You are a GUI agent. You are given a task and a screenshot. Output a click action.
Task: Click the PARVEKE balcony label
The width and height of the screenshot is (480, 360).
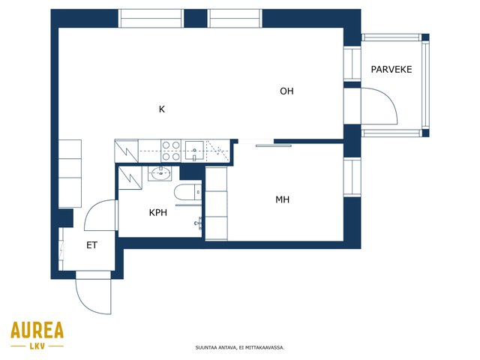click(391, 70)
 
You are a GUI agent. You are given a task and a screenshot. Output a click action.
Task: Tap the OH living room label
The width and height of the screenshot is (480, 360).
click(286, 91)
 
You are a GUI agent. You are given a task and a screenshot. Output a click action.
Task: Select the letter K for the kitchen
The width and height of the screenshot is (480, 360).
click(162, 109)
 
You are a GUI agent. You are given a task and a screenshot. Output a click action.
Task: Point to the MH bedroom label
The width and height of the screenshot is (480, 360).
click(282, 199)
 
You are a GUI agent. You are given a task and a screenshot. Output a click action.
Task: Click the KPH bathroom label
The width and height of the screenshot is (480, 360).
click(158, 212)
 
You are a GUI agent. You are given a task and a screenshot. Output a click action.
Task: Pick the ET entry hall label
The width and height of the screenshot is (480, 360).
click(91, 245)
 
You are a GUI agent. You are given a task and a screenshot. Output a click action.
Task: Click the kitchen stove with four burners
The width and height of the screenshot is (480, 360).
click(171, 151)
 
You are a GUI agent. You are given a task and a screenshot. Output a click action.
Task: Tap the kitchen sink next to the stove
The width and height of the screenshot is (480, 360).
click(195, 151)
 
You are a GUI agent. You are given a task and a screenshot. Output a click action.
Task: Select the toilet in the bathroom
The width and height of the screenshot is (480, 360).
click(188, 192)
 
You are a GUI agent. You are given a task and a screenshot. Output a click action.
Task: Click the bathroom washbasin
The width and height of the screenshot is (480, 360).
click(160, 173)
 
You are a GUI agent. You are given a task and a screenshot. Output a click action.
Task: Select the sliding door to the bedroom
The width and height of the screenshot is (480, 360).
click(273, 146)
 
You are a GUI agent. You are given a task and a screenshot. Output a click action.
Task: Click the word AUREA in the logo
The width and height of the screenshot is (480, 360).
click(37, 330)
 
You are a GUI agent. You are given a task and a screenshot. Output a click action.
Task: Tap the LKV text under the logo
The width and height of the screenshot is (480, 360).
click(37, 346)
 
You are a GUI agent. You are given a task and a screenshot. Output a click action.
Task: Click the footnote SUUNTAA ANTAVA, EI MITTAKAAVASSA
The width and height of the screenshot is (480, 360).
click(240, 348)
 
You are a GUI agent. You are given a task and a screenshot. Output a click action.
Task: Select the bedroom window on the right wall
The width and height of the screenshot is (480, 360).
click(352, 177)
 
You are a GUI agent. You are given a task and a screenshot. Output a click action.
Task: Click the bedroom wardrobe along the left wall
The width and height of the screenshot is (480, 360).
click(217, 203)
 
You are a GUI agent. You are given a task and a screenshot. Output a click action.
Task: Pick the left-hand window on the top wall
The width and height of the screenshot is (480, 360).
click(151, 18)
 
